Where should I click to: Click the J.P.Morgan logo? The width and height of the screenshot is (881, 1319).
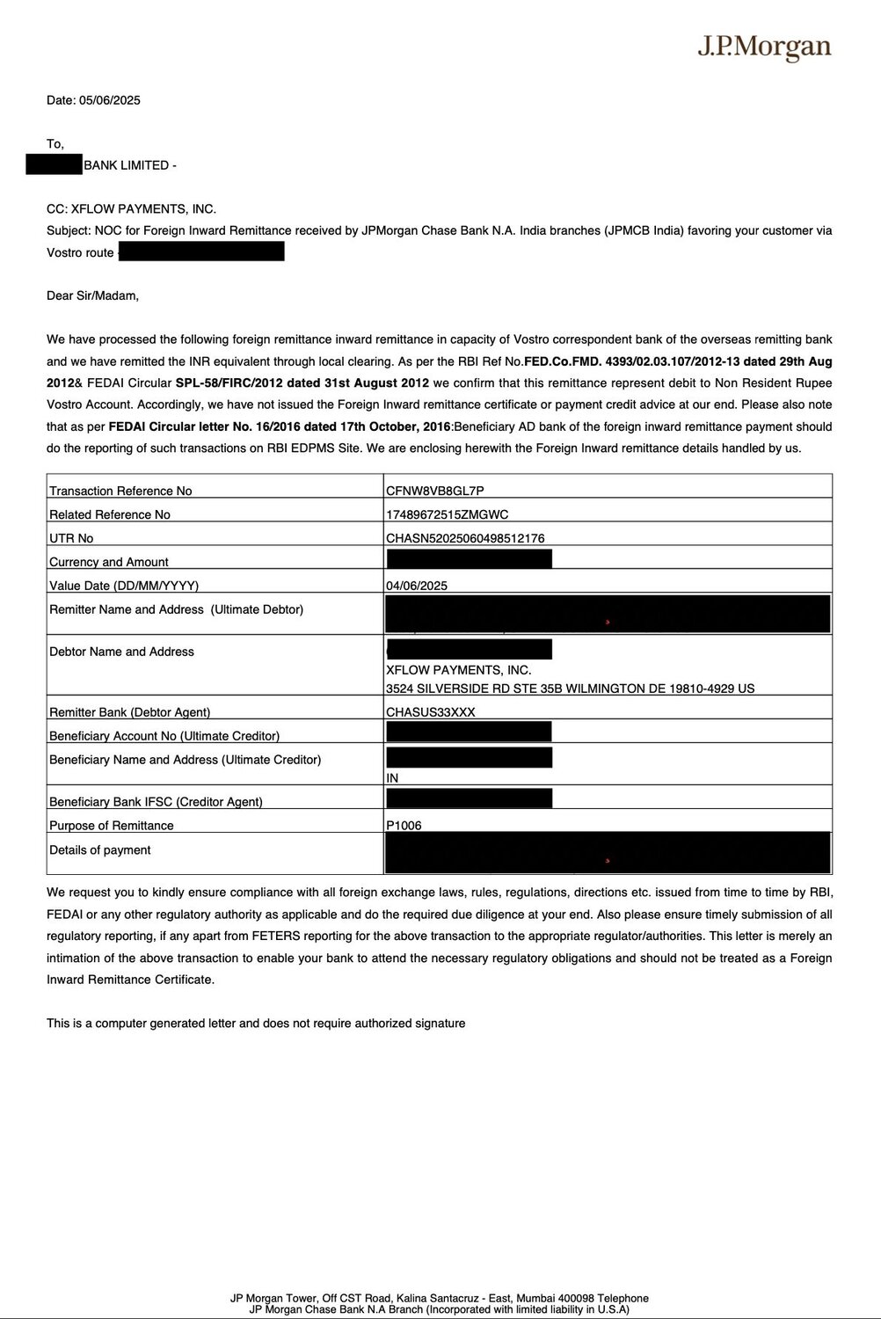[x=764, y=47]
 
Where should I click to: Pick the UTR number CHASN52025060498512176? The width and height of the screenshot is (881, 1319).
[x=465, y=538]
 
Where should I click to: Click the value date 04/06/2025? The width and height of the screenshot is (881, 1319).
[x=417, y=586]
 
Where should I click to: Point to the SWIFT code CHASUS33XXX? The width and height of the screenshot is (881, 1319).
[x=430, y=712]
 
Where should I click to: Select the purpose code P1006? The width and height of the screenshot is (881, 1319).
[x=404, y=826]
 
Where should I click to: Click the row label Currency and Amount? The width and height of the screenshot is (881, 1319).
[x=109, y=562]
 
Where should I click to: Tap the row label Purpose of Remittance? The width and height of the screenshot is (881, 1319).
[x=112, y=826]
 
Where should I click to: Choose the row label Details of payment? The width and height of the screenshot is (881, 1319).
[x=100, y=850]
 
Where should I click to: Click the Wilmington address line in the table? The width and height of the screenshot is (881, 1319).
[x=570, y=689]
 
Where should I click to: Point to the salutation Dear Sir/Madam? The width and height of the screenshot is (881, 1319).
[x=92, y=295]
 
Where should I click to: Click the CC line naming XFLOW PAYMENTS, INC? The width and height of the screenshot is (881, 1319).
[x=131, y=209]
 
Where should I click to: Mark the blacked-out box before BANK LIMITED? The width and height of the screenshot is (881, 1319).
[x=54, y=164]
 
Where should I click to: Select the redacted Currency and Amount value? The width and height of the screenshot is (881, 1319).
[x=469, y=559]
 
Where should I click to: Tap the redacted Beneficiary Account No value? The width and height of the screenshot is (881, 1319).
[x=469, y=732]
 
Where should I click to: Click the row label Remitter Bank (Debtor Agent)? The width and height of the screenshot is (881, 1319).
[x=130, y=712]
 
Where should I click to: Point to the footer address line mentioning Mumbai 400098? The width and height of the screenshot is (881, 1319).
[x=440, y=1298]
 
